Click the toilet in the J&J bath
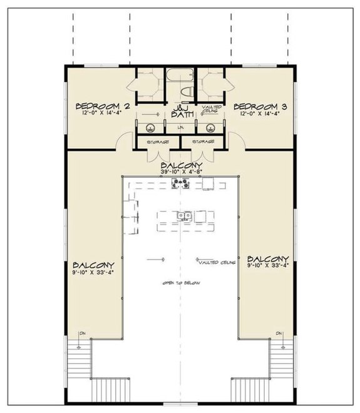(186, 93)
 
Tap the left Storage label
(157, 142)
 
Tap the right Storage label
(203, 142)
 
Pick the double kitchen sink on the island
(184, 217)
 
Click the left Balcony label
(93, 264)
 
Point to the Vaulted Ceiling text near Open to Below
(215, 263)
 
